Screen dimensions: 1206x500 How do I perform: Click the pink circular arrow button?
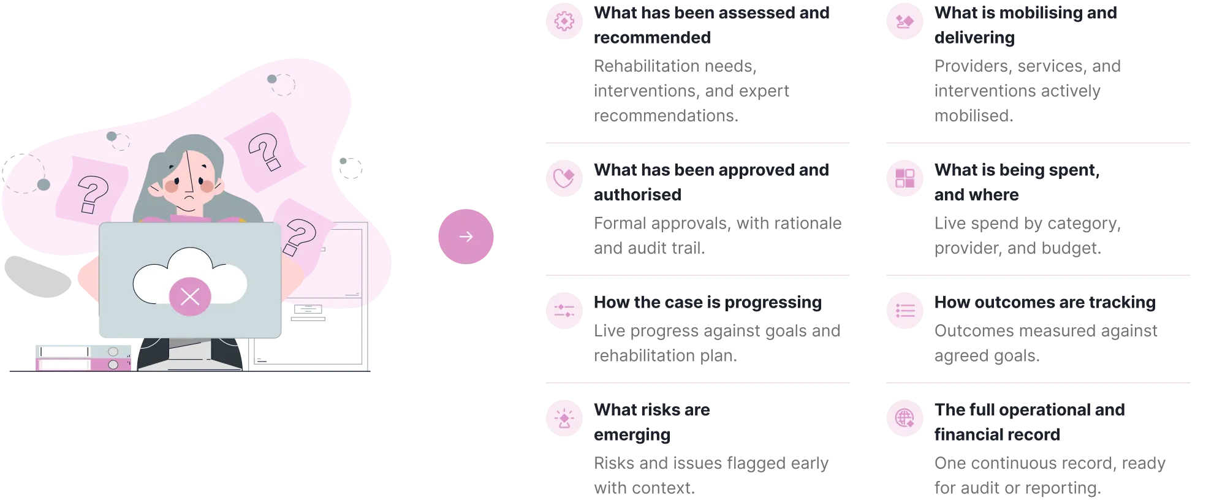pyautogui.click(x=466, y=237)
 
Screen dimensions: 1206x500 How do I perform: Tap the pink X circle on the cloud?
pyautogui.click(x=190, y=297)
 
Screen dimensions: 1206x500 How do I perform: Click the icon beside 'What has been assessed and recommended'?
pyautogui.click(x=564, y=21)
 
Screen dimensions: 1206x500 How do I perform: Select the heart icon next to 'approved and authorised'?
pyautogui.click(x=564, y=178)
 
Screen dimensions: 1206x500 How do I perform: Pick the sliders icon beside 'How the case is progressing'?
pyautogui.click(x=564, y=311)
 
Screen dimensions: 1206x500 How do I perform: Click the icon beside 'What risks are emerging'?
pyautogui.click(x=564, y=419)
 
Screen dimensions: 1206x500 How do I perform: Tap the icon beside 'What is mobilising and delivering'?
pyautogui.click(x=904, y=21)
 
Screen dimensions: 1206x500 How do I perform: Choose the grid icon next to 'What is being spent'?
pyautogui.click(x=904, y=178)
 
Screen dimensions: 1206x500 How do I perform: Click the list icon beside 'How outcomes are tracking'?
pyautogui.click(x=904, y=311)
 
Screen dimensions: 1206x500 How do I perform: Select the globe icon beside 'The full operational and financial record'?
pyautogui.click(x=904, y=419)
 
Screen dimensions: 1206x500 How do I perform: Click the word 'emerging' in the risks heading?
pyautogui.click(x=632, y=435)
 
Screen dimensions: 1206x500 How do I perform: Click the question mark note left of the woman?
pyautogui.click(x=93, y=190)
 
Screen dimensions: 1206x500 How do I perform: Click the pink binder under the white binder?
pyautogui.click(x=83, y=365)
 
